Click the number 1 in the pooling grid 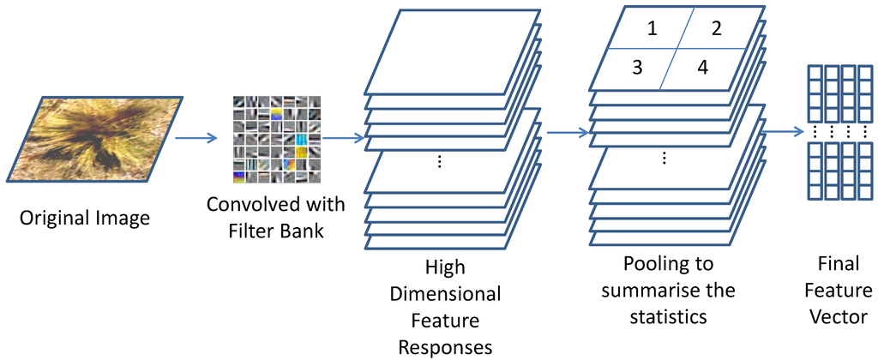pos(652,29)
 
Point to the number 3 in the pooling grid pos(636,67)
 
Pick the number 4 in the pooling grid pos(702,67)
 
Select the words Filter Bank pos(275,231)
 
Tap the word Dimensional pos(445,294)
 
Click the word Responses pos(445,345)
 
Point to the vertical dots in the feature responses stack pos(439,162)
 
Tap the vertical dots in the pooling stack pos(665,159)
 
